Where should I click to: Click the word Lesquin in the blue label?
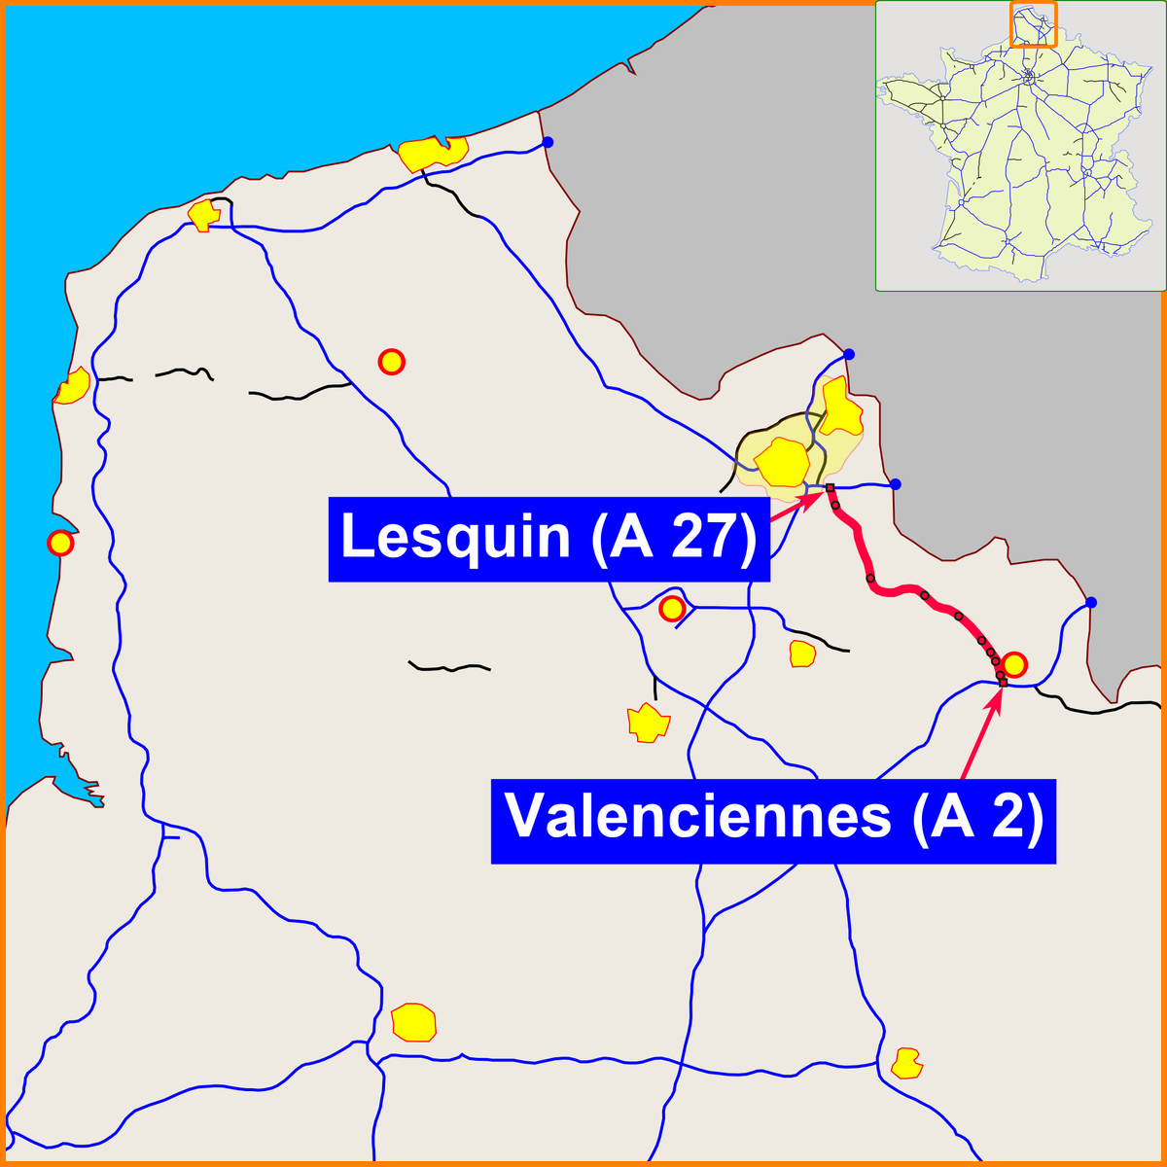click(x=454, y=538)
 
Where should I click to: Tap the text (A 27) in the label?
click(x=673, y=538)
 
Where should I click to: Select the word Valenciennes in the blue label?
click(x=697, y=817)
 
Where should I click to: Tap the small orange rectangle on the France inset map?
click(x=1033, y=23)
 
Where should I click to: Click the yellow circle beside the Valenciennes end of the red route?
click(x=1013, y=665)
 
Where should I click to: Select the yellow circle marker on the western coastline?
click(x=60, y=543)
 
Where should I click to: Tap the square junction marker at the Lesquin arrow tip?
click(x=830, y=487)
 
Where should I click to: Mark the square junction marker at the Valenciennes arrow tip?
click(x=1003, y=683)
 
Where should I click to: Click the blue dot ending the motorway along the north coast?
click(x=548, y=142)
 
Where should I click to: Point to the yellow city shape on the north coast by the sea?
click(x=433, y=152)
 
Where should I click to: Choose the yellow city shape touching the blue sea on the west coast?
click(x=73, y=388)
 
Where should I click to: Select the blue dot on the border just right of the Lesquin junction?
click(x=896, y=483)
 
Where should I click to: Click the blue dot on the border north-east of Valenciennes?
click(x=1091, y=603)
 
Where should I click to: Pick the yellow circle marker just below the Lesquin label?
click(x=671, y=610)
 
